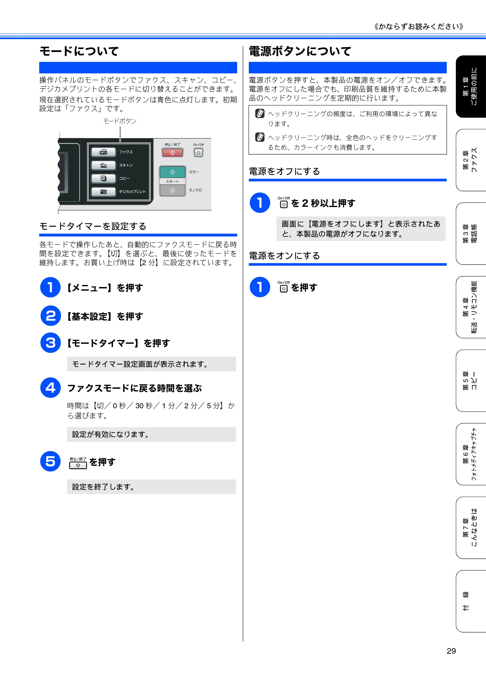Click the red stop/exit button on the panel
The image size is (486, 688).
click(173, 153)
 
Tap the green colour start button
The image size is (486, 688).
click(173, 172)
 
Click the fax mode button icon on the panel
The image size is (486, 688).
click(103, 152)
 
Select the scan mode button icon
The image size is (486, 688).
click(103, 165)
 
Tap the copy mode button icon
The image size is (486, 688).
click(103, 178)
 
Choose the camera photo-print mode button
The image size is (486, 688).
click(103, 192)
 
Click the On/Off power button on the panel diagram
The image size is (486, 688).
click(198, 153)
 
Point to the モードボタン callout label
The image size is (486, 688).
click(120, 121)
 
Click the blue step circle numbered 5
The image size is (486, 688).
click(50, 461)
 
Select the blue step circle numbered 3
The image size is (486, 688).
click(50, 343)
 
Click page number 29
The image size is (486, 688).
click(451, 651)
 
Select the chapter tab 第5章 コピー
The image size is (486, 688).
click(471, 381)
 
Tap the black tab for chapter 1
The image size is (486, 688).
click(471, 87)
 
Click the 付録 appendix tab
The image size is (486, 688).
click(471, 601)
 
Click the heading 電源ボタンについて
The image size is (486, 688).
click(300, 51)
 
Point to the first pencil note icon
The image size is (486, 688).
click(260, 113)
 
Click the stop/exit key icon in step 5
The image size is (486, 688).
click(78, 463)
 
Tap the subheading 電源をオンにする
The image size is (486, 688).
click(284, 256)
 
